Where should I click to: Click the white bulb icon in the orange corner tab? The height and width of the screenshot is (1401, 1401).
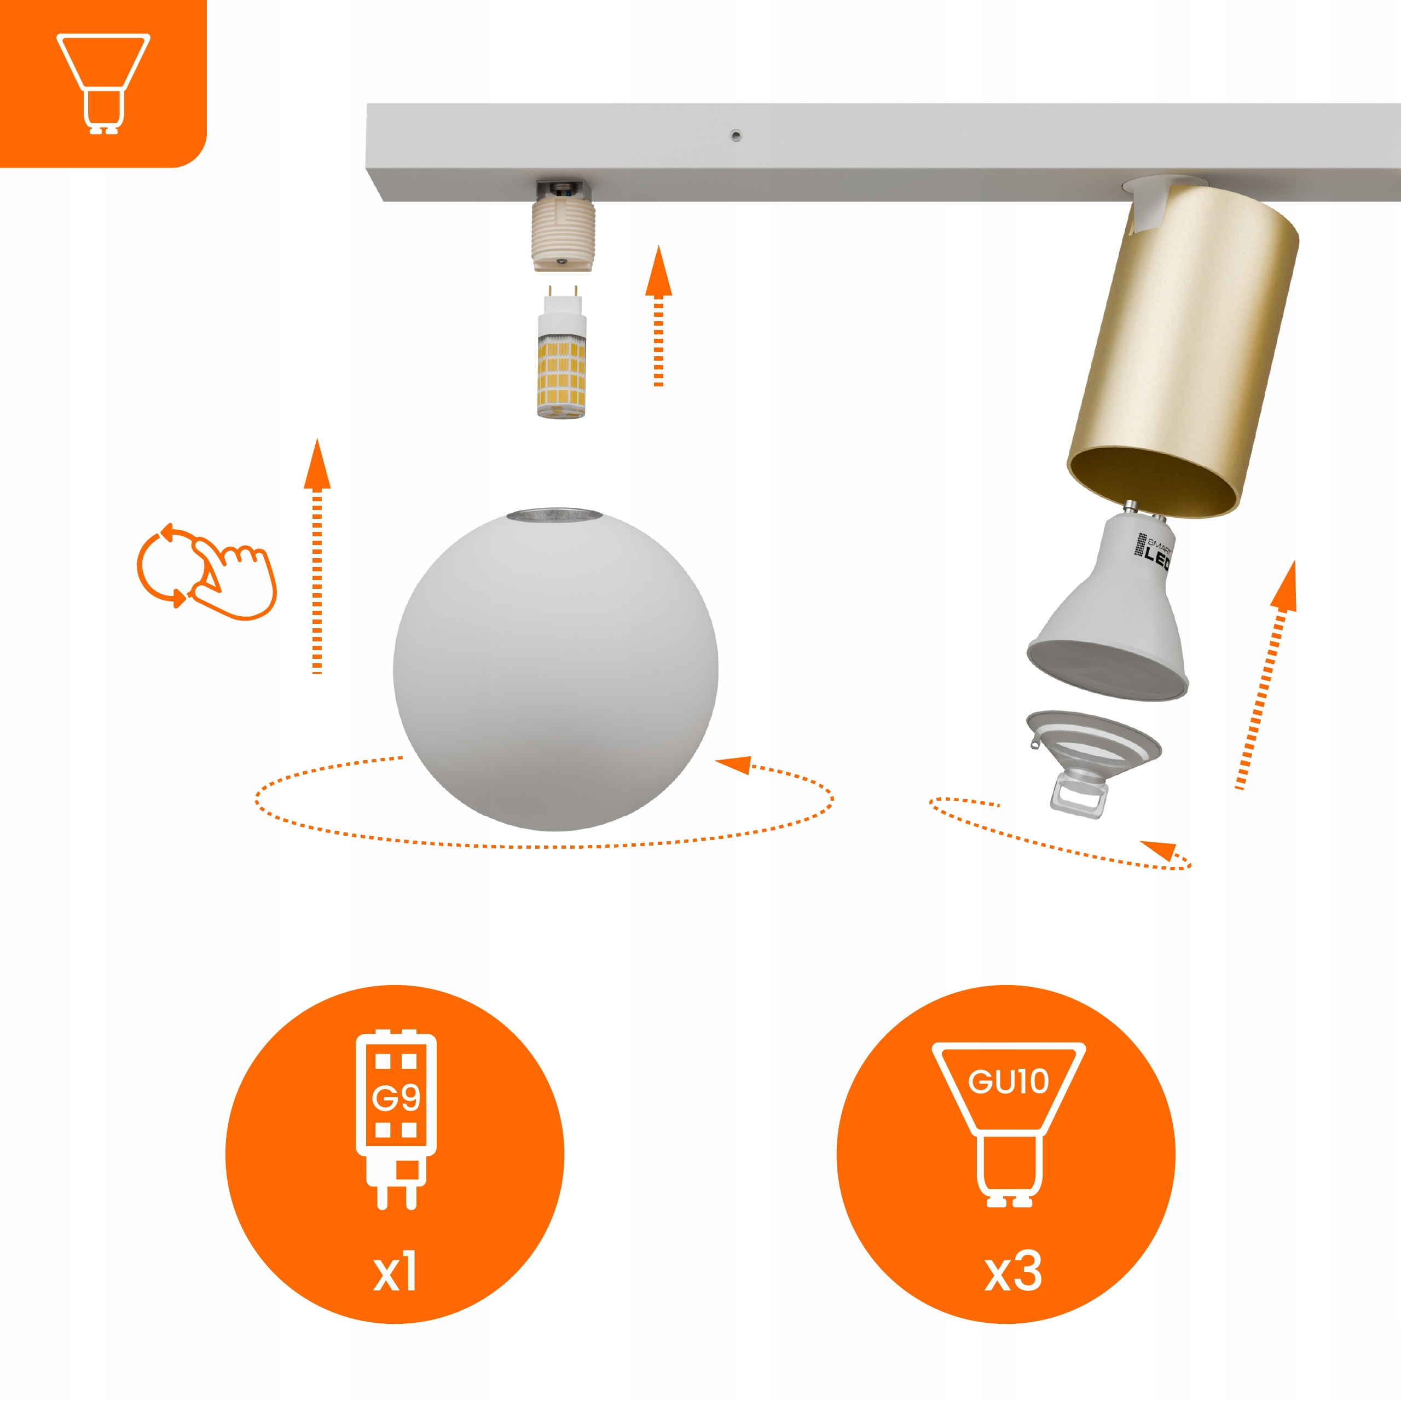pos(103,83)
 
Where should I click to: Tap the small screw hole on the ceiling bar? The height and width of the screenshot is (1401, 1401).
pos(736,135)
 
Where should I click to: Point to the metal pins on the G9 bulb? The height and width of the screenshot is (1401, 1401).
pos(562,292)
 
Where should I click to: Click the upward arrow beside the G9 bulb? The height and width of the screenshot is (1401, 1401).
pos(658,315)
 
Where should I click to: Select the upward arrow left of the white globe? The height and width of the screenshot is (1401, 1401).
pos(317,556)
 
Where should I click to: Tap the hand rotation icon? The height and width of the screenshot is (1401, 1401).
pos(207,571)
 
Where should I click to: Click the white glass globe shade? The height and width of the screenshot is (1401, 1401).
pos(555,669)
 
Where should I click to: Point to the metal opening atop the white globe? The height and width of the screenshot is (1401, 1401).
pos(555,516)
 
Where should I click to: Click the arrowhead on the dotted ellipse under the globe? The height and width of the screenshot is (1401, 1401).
pos(733,765)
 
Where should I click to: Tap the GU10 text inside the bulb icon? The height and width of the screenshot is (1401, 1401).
pos(1009,1082)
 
